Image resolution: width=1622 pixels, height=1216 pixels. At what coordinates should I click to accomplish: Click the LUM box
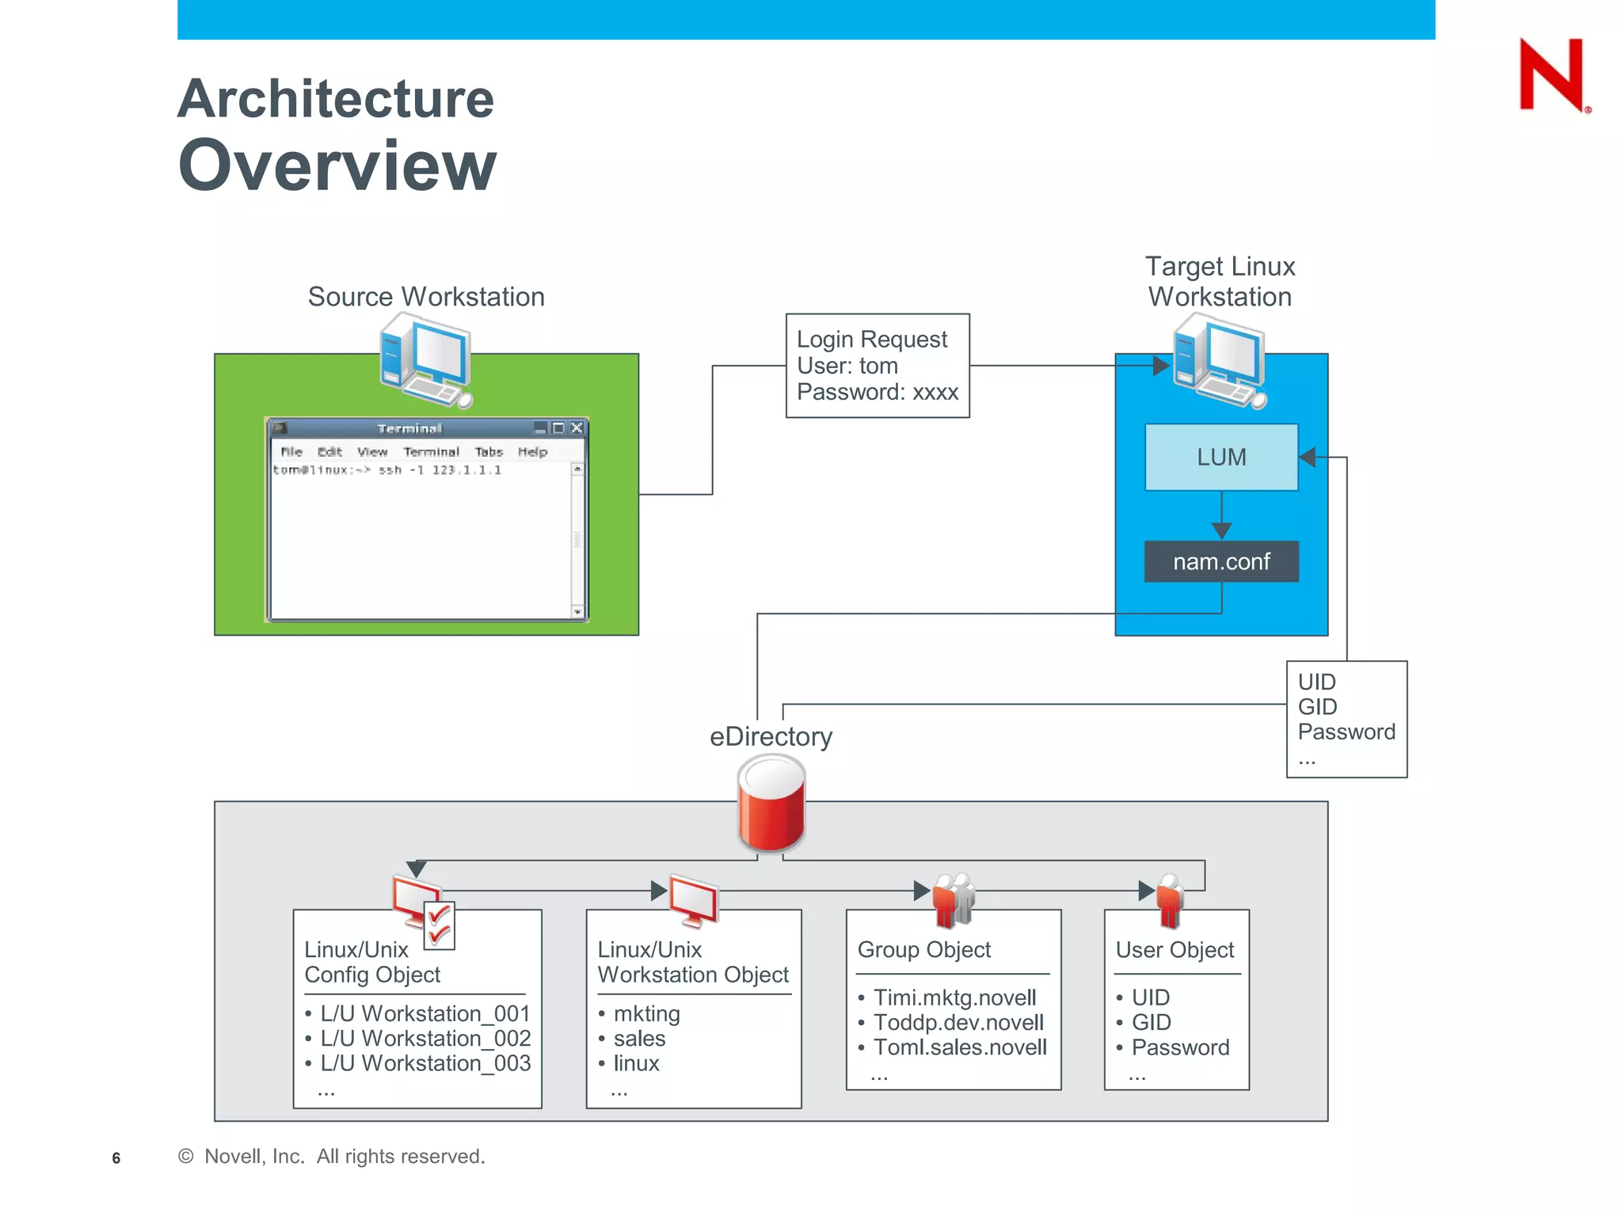tap(1220, 457)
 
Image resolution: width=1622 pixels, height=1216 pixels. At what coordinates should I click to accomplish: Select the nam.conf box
tap(1220, 561)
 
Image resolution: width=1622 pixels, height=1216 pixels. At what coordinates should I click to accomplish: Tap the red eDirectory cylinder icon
tap(771, 803)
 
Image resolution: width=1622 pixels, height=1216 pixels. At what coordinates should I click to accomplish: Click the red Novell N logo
tap(1552, 75)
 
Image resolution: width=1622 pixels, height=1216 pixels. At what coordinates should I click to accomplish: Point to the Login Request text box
tap(877, 366)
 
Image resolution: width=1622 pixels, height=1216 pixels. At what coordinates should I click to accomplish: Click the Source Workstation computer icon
tap(425, 360)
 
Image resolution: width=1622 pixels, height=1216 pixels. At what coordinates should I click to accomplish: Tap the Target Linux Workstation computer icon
tap(1219, 360)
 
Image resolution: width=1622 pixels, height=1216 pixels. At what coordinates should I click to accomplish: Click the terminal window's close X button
tap(577, 428)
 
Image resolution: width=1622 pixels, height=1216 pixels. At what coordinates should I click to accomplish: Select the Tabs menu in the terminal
tap(489, 452)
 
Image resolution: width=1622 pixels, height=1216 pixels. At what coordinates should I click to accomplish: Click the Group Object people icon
tap(953, 899)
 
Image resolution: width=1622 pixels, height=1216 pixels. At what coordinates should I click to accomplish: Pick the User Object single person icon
tap(1169, 900)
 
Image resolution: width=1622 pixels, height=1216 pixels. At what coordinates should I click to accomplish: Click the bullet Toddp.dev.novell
tap(958, 1022)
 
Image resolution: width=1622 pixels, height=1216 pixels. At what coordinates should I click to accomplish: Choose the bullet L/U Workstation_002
tap(425, 1038)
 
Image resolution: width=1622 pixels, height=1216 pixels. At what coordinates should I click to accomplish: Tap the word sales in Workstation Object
tap(639, 1038)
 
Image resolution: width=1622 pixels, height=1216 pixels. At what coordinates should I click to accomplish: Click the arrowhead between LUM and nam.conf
tap(1221, 530)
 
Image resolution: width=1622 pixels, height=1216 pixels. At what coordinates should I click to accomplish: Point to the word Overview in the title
tap(337, 165)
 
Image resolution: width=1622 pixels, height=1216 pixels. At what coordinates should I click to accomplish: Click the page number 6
tap(116, 1158)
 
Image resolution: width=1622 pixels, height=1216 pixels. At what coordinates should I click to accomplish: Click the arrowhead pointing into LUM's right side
tap(1308, 457)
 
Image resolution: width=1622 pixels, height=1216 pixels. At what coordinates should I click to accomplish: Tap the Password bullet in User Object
tap(1179, 1047)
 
